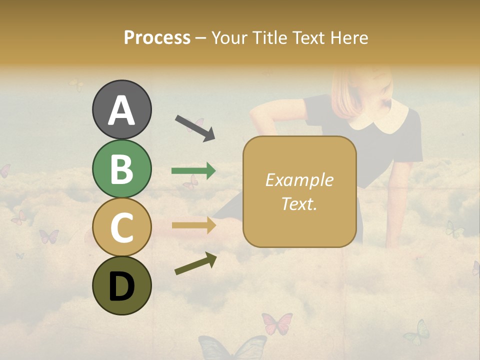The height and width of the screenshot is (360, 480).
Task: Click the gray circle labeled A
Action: click(121, 109)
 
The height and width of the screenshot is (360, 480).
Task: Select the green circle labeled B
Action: click(121, 168)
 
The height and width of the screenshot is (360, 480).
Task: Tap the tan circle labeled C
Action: click(121, 227)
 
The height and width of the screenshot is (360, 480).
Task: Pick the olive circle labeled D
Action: click(121, 285)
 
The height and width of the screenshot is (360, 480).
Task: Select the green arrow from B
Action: click(193, 171)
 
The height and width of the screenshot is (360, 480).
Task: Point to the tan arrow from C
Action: click(193, 225)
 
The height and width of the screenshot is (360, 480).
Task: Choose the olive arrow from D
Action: click(195, 263)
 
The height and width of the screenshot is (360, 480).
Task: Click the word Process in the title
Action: click(157, 37)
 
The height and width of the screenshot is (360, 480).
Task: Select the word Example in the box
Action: click(299, 180)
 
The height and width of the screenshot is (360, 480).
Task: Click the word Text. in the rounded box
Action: click(299, 203)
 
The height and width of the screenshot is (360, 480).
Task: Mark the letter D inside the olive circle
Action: click(121, 286)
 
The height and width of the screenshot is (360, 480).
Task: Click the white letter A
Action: click(121, 110)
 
